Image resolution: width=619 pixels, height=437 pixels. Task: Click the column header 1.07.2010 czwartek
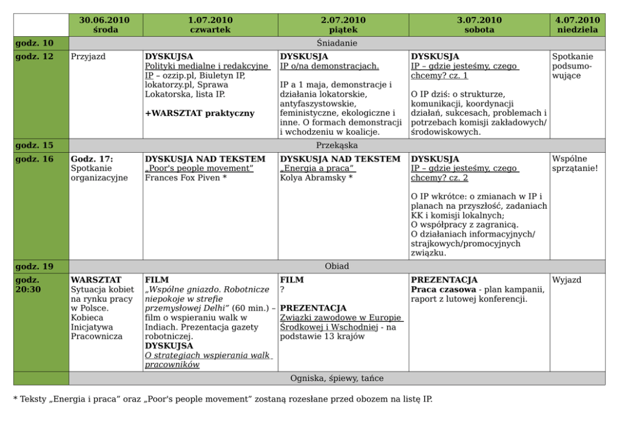tap(210, 25)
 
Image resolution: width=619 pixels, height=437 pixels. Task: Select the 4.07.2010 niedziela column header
tap(577, 25)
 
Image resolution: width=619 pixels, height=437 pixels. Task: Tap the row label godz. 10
tap(34, 43)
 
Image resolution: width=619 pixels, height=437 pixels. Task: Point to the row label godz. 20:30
tap(28, 285)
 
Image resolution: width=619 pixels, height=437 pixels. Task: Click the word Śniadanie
tap(336, 43)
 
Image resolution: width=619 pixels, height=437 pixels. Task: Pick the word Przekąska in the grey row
tap(336, 145)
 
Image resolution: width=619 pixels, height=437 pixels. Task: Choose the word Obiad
tap(336, 266)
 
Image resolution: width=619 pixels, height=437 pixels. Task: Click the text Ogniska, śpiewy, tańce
tap(336, 378)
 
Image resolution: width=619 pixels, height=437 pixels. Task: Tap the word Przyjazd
tap(88, 57)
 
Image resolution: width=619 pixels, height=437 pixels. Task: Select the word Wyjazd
tap(567, 280)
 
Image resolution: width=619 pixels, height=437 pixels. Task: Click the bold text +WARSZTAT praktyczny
tap(200, 113)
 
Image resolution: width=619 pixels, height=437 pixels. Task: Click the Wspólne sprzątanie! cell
tap(575, 163)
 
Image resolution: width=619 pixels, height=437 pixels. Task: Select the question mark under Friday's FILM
tap(283, 290)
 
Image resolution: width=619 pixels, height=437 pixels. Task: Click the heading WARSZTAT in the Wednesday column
tap(96, 280)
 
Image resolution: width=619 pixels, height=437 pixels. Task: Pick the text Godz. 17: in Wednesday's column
tap(92, 159)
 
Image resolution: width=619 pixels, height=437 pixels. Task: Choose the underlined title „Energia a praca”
tap(318, 168)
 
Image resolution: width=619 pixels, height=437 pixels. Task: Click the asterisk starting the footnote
tap(16, 400)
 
